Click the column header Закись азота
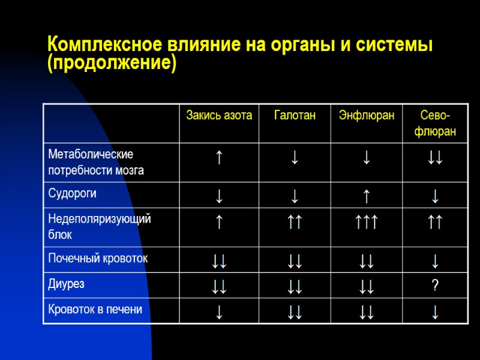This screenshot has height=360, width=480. [x=219, y=115]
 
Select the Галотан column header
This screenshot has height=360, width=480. [x=295, y=115]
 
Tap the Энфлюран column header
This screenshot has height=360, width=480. [x=367, y=115]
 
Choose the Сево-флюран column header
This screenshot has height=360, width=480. [x=435, y=123]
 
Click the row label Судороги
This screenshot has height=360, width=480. [x=73, y=194]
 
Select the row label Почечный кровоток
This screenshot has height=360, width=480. [x=98, y=259]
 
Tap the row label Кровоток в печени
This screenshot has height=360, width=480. [x=95, y=310]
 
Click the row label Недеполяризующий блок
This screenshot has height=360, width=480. [x=100, y=226]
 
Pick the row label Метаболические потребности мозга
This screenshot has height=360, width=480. [x=96, y=162]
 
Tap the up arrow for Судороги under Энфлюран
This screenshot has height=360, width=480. [x=367, y=195]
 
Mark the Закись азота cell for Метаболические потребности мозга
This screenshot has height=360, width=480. [x=220, y=158]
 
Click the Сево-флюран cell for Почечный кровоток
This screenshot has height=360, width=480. [x=435, y=260]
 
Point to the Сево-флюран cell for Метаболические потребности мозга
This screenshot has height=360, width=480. [x=435, y=158]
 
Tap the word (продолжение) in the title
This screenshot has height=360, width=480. [x=112, y=63]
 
